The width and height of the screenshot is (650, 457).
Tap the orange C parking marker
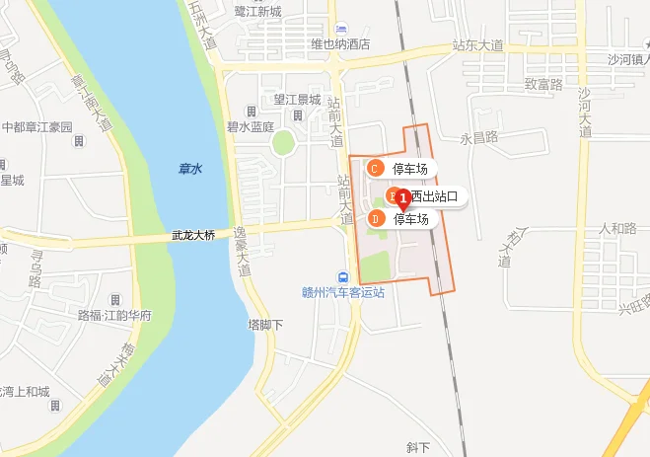[x=374, y=169]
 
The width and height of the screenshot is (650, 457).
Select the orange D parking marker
[x=375, y=218]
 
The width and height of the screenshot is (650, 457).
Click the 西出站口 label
[x=435, y=196]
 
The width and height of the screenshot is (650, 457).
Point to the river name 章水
[x=190, y=170]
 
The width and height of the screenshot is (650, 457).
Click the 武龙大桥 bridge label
[x=193, y=236]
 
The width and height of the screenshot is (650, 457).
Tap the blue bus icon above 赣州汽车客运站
[x=343, y=277]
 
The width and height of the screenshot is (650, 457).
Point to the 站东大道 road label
[x=477, y=45]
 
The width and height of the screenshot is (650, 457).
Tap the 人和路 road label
[x=618, y=228]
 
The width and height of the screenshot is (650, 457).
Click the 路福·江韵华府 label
[x=114, y=315]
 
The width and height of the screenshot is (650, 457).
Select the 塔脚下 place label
[x=265, y=324]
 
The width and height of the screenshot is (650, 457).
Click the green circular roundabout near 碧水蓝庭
[x=284, y=143]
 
